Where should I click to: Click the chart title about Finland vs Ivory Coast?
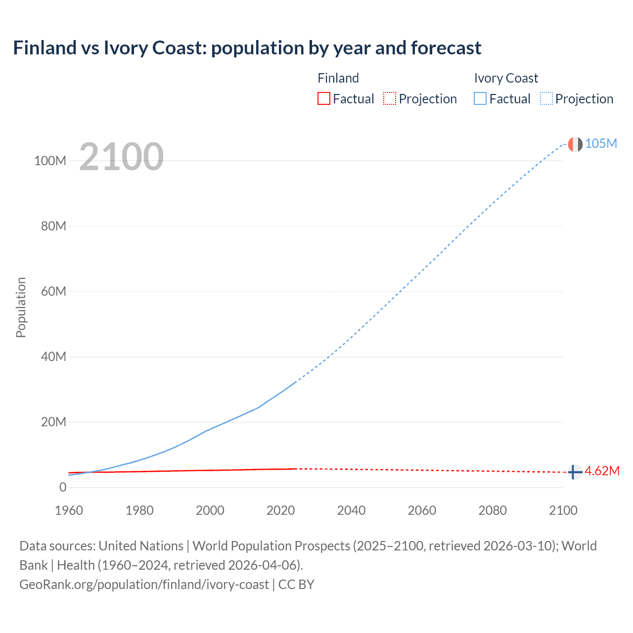coord(247,48)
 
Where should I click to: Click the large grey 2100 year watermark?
coord(121,156)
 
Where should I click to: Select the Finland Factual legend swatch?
coord(324,99)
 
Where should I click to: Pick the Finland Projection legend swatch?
coord(390,99)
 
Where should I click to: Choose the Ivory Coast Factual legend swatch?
coord(480,99)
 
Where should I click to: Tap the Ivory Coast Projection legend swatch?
coord(546,99)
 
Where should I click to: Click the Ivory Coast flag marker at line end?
coord(575,144)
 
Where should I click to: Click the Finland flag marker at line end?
coord(575,472)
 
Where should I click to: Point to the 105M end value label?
coord(601,144)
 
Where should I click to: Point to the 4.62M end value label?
coord(602,471)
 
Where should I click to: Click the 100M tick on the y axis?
coord(50,161)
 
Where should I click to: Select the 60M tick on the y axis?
coord(53,292)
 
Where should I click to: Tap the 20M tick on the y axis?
coord(53,422)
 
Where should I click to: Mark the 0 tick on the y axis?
coord(63,488)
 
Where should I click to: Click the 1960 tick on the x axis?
coord(69,510)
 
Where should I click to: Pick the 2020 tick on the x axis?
coord(281,510)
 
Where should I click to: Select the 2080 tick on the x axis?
coord(493,510)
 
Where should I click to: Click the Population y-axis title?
coord(21,307)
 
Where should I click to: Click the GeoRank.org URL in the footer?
coord(144,585)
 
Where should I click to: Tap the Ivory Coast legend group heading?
coord(506,78)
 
